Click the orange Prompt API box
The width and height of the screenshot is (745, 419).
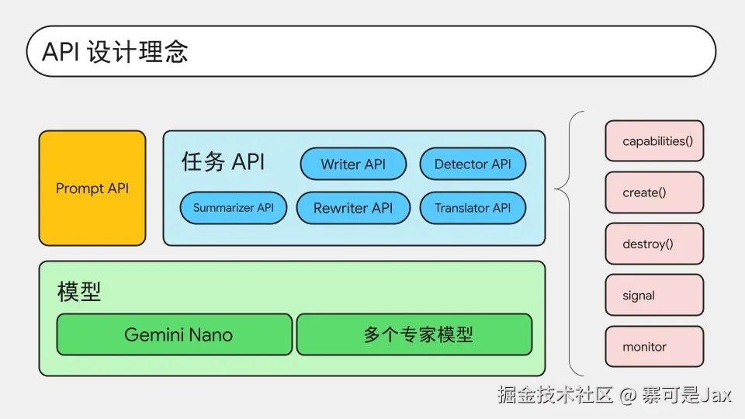(92, 188)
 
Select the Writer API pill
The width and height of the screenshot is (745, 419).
(353, 164)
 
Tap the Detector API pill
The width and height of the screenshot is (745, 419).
(473, 164)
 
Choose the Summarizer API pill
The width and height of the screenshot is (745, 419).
(234, 208)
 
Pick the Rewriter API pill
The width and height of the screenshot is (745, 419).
(353, 208)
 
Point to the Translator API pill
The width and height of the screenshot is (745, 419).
(473, 208)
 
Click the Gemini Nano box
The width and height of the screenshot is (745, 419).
(175, 334)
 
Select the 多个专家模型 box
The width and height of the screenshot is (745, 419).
(414, 334)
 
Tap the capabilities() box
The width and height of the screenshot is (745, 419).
(654, 140)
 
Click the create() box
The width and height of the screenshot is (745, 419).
(654, 192)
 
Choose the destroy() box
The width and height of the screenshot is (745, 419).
(654, 244)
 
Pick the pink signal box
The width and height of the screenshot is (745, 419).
(654, 295)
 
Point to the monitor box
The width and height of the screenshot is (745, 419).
(654, 346)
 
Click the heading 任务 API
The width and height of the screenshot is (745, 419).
(223, 161)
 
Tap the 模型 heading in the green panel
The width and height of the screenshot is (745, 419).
(79, 291)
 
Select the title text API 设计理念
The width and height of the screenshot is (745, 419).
(116, 51)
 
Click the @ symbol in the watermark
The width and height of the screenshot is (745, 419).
(627, 395)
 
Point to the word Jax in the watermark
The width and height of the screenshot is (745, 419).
(716, 395)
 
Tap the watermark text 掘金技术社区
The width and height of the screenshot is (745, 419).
(556, 395)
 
